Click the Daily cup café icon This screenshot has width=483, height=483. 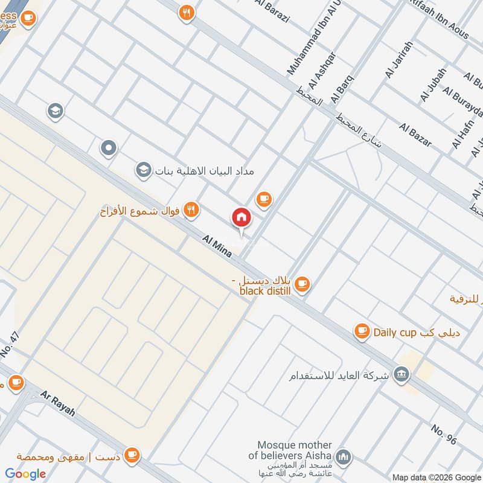pos(362,330)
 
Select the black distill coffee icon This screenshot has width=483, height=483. pos(302,283)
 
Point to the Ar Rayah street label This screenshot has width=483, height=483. pos(58,403)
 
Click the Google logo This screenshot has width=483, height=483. pos(26,473)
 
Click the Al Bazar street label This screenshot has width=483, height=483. pos(415,134)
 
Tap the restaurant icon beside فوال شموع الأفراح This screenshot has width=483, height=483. pos(191,210)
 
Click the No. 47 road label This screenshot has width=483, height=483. pos(16,348)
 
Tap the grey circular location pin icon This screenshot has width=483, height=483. pos(109,147)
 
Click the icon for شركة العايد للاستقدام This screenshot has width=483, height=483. pos(400,375)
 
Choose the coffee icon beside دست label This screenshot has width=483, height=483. pos(131,455)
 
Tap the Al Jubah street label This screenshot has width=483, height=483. pos(433,84)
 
